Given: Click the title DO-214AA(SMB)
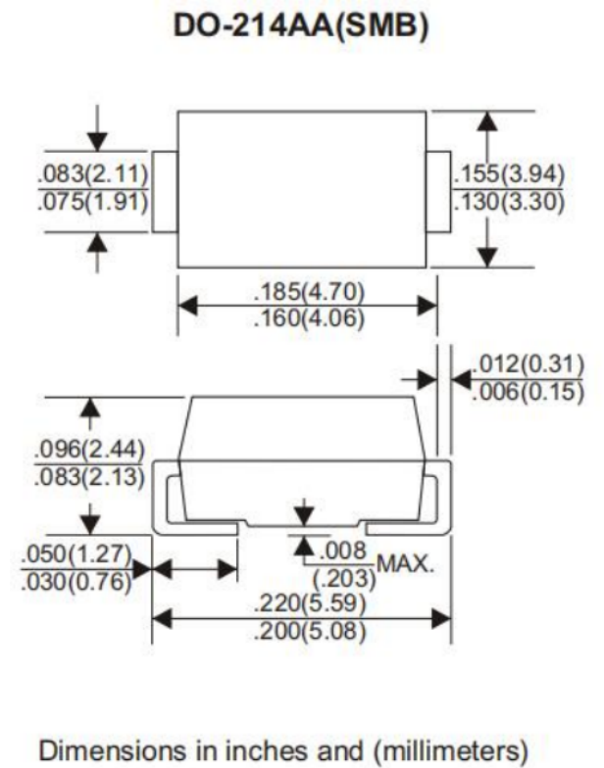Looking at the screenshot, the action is pos(302,25).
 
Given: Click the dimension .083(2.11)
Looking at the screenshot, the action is pos(93,174).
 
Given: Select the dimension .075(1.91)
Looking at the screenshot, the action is pos(93,202).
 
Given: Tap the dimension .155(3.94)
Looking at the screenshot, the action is pos(509,174).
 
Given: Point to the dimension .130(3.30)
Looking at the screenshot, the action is pos(509,202).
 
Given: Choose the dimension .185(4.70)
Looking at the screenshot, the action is pos(310,292).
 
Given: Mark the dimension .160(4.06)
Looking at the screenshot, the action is pos(310,319).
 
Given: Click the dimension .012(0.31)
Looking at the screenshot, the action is pos(528,364).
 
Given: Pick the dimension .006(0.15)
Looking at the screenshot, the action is pos(528,392).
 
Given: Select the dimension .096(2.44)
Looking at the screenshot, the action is pos(89,449).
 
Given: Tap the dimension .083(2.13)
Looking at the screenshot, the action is pos(89,477).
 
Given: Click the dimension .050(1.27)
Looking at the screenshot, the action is pos(76,554).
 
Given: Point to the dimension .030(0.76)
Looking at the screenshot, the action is pos(76,582).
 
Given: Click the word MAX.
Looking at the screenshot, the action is pos(406,564).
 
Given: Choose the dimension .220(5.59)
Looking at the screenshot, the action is pos(310,603).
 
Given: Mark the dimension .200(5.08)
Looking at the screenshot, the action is pos(310,631).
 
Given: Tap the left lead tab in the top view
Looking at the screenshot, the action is pos(165,192).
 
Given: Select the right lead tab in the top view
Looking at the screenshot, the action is pos(438,192).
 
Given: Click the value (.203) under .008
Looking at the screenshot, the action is pos(345,578).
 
